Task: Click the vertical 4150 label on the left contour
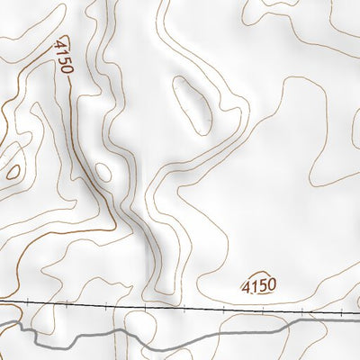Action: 62,58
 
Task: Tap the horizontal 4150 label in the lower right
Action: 258,286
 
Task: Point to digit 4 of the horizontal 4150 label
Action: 246,286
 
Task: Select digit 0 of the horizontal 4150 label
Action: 270,285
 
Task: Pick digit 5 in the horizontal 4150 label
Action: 262,286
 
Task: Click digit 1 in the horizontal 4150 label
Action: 253,286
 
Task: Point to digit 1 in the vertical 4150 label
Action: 62,52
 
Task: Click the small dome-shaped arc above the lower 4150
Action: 259,272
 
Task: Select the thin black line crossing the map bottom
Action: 180,306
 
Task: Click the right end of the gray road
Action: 358,322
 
